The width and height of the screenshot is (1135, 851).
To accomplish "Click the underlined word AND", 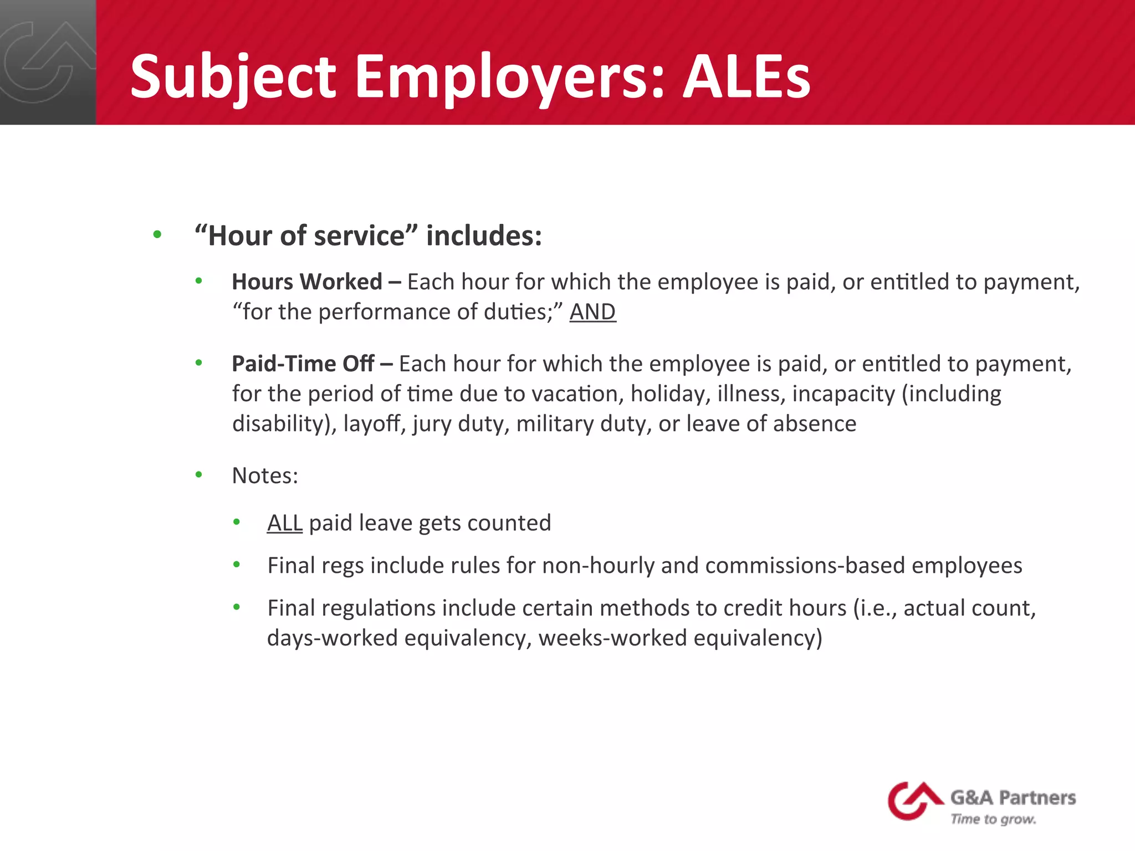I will coord(592,312).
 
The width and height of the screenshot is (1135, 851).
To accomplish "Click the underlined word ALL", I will coord(284,523).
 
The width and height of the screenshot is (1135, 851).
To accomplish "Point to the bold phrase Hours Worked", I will coord(307,282).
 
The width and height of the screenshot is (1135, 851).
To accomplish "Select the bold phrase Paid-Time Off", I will coord(303,364).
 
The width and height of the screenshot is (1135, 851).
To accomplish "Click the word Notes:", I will coord(265,476).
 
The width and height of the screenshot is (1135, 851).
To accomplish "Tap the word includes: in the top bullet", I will coord(484,236).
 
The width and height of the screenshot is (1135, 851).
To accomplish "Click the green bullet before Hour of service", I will coord(157,235).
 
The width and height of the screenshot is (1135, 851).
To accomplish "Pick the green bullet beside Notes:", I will coord(199,475).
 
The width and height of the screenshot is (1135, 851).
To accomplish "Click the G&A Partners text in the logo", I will coord(1013,798).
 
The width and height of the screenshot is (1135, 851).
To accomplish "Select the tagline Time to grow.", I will coord(993,819).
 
